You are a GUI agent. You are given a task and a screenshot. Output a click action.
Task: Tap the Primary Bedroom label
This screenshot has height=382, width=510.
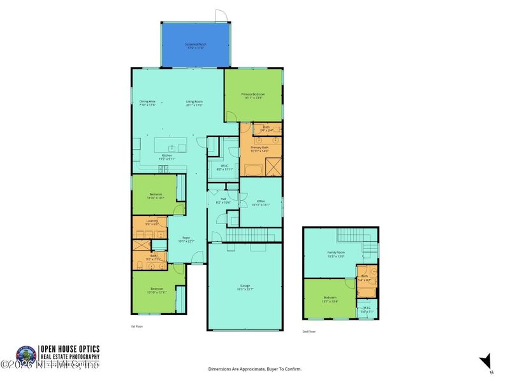tap(252, 94)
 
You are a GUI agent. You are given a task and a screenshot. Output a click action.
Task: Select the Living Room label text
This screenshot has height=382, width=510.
tap(194, 102)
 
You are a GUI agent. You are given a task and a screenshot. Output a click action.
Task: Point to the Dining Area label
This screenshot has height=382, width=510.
tap(148, 102)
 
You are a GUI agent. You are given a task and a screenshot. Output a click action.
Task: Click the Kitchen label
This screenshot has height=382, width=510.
tap(166, 155)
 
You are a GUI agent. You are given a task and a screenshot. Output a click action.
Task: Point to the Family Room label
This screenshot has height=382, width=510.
tap(335, 253)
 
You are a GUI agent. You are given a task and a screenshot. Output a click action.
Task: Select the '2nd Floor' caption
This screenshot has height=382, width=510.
tap(309, 332)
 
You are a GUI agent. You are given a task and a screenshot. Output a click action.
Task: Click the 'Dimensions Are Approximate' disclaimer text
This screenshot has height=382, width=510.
tap(255, 369)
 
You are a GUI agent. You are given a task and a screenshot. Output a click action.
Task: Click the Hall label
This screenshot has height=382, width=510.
tap(223, 199)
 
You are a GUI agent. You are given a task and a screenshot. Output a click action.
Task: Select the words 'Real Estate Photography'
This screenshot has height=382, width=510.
tap(70, 356)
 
